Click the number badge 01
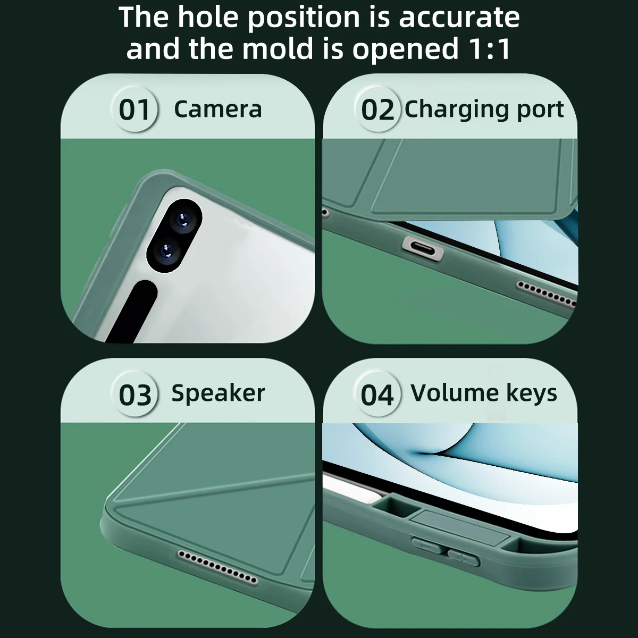135,110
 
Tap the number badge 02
377,110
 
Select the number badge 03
135,395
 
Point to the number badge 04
377,395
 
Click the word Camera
218,109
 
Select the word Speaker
218,393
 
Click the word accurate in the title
459,17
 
